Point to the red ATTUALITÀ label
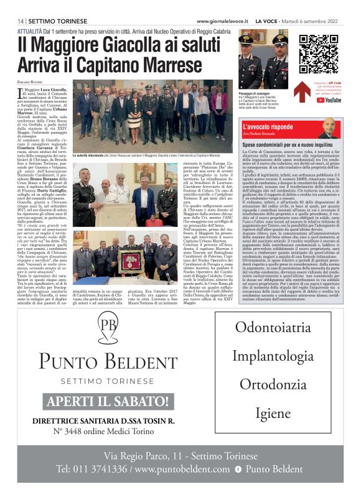(30, 30)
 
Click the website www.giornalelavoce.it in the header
(224, 21)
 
